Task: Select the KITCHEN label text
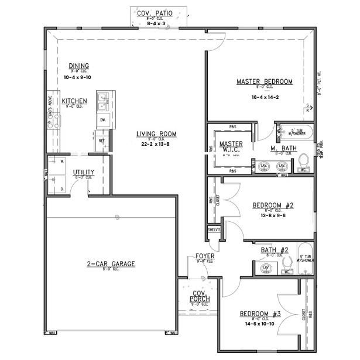(74, 101)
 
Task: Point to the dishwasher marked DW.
(102, 120)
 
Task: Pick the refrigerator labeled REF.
(102, 140)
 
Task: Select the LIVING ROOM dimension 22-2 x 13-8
(156, 143)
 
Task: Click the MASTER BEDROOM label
(264, 81)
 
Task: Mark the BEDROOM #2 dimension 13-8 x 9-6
(273, 215)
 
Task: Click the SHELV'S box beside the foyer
(214, 230)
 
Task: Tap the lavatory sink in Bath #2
(265, 268)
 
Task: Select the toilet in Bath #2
(286, 268)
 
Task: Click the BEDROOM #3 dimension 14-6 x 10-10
(260, 323)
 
